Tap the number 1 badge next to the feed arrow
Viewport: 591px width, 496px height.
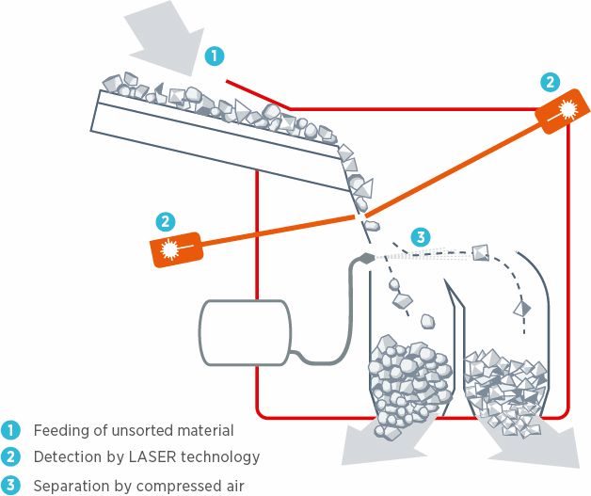216,56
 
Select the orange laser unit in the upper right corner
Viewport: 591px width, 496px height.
558,111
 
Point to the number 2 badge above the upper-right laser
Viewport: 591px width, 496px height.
551,81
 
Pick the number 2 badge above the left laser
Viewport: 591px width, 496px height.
166,222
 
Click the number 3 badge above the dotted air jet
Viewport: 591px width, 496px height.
422,236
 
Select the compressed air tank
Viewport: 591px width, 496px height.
244,332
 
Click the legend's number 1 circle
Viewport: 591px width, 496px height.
12,430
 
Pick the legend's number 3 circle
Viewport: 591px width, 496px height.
12,486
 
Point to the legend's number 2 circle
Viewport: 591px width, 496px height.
12,457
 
